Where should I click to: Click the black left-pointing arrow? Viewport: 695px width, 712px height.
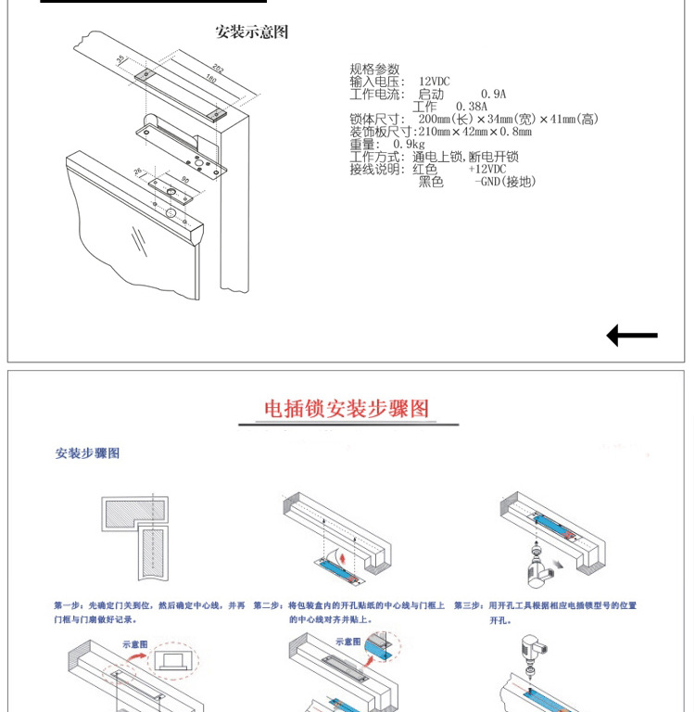click(x=632, y=336)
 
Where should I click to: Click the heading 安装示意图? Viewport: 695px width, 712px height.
click(x=252, y=32)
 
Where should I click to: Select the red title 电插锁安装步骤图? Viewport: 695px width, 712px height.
click(x=347, y=409)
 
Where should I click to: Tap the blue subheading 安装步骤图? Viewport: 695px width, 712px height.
click(x=87, y=453)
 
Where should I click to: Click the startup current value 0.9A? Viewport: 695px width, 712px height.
click(x=493, y=95)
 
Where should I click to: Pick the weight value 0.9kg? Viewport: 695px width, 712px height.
click(x=409, y=145)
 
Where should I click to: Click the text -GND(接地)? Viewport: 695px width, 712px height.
click(x=504, y=182)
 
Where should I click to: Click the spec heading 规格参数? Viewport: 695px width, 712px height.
click(x=374, y=70)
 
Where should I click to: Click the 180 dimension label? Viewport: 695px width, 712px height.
click(x=209, y=80)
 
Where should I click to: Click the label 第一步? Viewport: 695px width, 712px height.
click(x=69, y=605)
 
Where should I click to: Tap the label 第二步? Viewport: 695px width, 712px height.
click(x=269, y=605)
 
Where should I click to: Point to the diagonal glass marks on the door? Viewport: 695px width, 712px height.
click(x=139, y=241)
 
